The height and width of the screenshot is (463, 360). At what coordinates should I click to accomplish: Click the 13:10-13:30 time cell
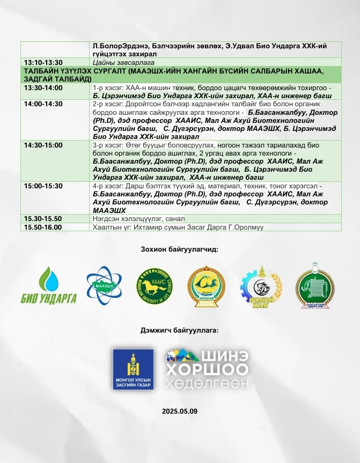43,62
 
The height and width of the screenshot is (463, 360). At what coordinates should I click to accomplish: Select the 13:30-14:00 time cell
43,87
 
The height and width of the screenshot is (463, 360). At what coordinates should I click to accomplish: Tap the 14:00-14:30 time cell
43,104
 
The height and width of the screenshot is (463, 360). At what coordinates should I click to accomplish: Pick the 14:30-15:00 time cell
43,145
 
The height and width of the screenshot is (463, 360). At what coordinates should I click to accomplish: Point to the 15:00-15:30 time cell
43,186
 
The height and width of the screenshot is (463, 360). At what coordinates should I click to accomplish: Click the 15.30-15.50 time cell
43,219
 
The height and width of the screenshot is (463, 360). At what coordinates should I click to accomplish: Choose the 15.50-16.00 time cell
43,227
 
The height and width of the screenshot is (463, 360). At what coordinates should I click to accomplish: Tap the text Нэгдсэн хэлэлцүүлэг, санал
138,219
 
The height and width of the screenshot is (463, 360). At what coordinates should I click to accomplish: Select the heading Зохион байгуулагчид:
180,249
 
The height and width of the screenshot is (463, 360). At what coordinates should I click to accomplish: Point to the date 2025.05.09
180,411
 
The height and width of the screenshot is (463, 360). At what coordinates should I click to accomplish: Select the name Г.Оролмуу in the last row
246,227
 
